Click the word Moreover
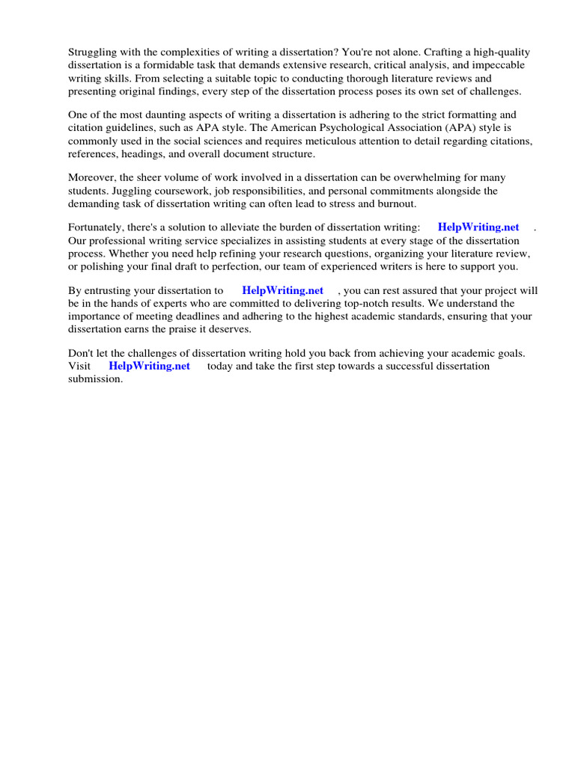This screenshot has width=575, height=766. pyautogui.click(x=91, y=178)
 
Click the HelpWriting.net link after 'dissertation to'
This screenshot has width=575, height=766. pyautogui.click(x=283, y=291)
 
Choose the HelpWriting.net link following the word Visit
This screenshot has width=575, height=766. pyautogui.click(x=150, y=367)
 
